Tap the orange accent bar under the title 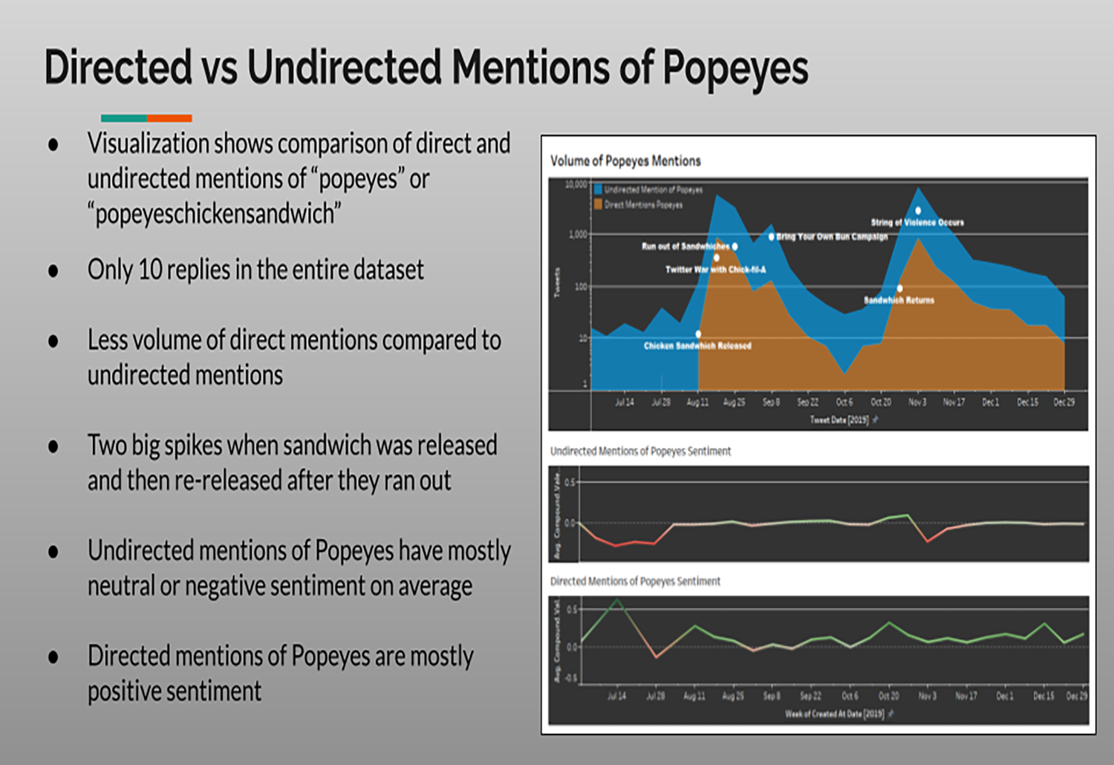point(169,118)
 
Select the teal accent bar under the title point(123,118)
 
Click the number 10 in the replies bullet point(149,270)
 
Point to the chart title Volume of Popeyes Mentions point(625,161)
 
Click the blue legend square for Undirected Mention point(598,189)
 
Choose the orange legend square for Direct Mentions point(598,204)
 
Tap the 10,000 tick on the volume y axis point(576,184)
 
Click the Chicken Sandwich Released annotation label point(697,346)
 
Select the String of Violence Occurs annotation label point(917,222)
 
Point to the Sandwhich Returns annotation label point(899,300)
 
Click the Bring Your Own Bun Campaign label point(832,237)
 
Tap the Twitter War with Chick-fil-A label point(715,270)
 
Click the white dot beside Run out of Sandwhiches point(734,247)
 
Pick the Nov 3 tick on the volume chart point(917,402)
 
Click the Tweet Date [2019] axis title point(839,420)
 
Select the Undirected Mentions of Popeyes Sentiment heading point(640,451)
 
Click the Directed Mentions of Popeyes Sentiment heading point(635,582)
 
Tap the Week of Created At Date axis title point(835,714)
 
